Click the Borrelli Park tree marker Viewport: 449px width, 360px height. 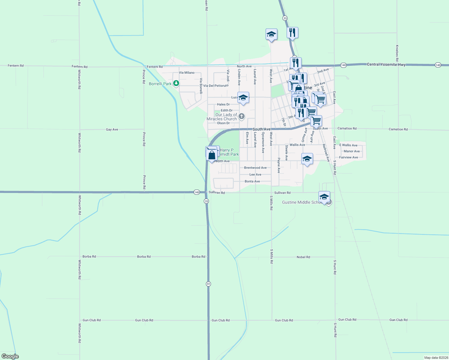(x=176, y=83)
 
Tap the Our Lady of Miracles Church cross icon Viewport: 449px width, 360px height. (x=242, y=116)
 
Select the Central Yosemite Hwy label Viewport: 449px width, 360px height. (x=386, y=64)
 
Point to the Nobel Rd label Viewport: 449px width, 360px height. (x=303, y=257)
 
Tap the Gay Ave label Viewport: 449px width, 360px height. (x=112, y=130)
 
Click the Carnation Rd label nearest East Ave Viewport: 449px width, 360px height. (x=347, y=128)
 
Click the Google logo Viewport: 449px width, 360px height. (x=10, y=356)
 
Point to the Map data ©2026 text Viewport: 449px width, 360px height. (x=435, y=358)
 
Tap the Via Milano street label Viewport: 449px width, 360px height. (x=187, y=73)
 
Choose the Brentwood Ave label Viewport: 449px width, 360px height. (x=255, y=168)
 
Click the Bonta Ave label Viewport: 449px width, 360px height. (x=252, y=181)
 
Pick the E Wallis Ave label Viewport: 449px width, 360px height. (x=348, y=145)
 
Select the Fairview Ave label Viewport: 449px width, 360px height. (x=348, y=157)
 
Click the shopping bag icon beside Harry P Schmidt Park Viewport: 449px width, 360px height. (x=212, y=155)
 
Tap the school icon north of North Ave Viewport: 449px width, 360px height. (x=271, y=34)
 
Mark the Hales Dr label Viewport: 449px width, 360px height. (x=223, y=104)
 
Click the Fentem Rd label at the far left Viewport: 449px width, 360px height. (x=16, y=66)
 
